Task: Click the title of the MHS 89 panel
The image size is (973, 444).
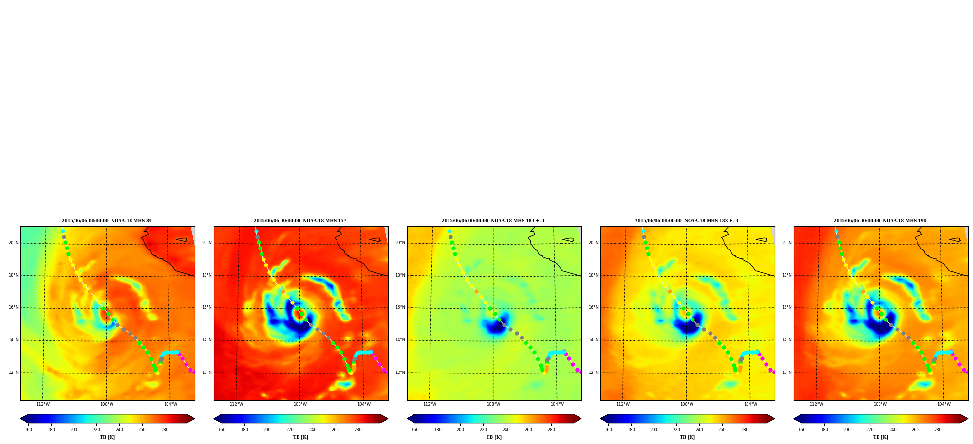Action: point(107,221)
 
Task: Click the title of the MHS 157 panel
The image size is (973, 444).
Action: point(300,221)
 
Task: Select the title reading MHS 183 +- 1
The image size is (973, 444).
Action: point(493,221)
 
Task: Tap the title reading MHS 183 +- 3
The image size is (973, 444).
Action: point(687,221)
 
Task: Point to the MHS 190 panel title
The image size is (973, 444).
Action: point(880,221)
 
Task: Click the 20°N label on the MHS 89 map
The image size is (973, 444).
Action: point(13,243)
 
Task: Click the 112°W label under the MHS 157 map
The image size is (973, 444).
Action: point(236,404)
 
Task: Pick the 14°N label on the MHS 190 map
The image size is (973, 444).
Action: point(786,340)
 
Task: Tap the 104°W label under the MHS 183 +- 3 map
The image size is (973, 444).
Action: point(750,404)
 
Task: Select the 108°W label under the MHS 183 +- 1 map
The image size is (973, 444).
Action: point(493,404)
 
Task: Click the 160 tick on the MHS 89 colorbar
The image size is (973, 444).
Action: point(28,429)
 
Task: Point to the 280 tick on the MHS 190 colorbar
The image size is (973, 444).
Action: point(938,429)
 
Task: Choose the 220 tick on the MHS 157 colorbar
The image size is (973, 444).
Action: point(290,429)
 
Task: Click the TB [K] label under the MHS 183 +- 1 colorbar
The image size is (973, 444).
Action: point(494,437)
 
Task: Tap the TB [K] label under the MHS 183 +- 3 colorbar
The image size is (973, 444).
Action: point(687,437)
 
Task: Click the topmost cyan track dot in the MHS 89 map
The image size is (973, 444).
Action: point(63,231)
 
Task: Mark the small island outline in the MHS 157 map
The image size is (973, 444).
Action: point(375,239)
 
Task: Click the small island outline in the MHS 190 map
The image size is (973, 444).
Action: point(955,239)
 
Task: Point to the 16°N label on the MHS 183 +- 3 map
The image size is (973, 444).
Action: point(593,307)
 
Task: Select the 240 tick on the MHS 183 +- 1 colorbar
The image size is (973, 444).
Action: point(506,429)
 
